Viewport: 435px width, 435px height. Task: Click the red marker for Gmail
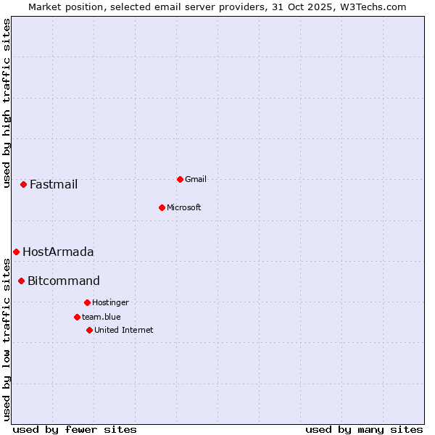point(180,179)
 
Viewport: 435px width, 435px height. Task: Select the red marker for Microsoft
point(162,207)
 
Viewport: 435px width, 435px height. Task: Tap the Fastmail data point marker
point(23,184)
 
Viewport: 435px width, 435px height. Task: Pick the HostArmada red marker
point(16,252)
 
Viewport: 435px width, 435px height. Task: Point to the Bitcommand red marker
point(21,281)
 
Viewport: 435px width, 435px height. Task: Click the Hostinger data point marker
point(87,302)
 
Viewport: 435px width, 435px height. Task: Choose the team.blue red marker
point(77,317)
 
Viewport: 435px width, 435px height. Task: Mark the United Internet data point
point(89,330)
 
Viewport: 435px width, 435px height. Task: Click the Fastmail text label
point(54,184)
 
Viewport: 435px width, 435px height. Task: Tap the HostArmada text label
point(58,252)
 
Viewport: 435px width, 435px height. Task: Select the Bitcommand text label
point(64,281)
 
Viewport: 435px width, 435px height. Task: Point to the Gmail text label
point(196,179)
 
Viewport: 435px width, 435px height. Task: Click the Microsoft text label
point(184,207)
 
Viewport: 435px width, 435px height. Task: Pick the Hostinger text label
point(110,302)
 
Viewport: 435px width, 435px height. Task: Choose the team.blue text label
point(101,317)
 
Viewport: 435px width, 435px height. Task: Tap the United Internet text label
point(124,330)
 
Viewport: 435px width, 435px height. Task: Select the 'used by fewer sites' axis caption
point(75,429)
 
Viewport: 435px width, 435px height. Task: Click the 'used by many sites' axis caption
point(364,429)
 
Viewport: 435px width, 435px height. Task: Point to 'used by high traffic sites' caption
point(7,103)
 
